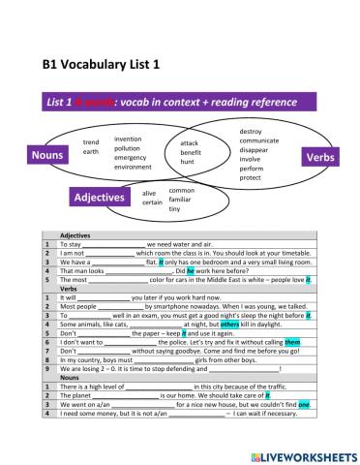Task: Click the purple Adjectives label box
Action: (x=100, y=198)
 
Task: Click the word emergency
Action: (x=130, y=157)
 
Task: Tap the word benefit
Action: (x=191, y=153)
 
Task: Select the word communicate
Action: (x=258, y=140)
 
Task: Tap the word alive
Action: (x=150, y=194)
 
